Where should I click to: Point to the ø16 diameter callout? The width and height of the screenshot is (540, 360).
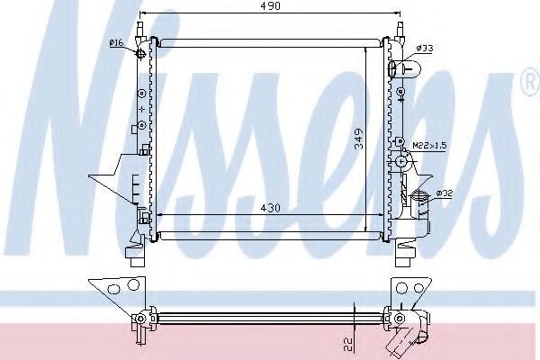click(x=115, y=42)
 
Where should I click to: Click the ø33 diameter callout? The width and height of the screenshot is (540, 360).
click(x=424, y=48)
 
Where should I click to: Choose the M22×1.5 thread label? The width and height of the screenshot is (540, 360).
click(x=429, y=145)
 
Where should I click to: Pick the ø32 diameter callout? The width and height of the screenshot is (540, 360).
click(x=443, y=193)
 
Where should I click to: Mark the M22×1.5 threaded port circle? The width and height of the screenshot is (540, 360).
click(x=401, y=162)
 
